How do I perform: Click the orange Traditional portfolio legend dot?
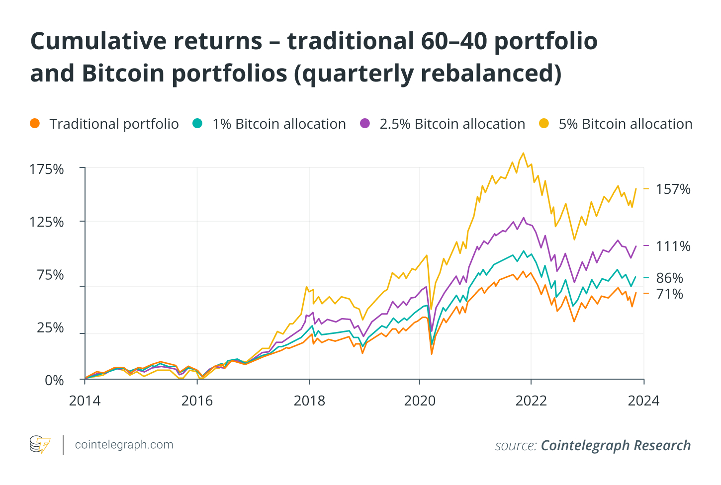coord(34,124)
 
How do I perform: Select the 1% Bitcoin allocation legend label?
coord(278,124)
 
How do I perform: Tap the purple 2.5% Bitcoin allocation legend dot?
coord(365,124)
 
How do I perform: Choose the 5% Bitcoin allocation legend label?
coord(625,124)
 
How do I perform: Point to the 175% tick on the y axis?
coord(47,169)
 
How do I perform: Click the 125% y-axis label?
coord(47,222)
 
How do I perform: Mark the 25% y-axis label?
coord(50,328)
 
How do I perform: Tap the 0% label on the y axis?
coord(54,380)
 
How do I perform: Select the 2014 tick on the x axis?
coord(85,401)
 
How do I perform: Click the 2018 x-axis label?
coord(309,401)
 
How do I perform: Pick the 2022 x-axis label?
coord(531,401)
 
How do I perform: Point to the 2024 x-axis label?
coord(643,401)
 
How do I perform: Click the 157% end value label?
coord(673,189)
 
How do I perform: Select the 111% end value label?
coord(673,246)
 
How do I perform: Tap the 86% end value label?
coord(669,278)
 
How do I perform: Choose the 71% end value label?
coord(669,294)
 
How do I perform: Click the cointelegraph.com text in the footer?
coord(124,445)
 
